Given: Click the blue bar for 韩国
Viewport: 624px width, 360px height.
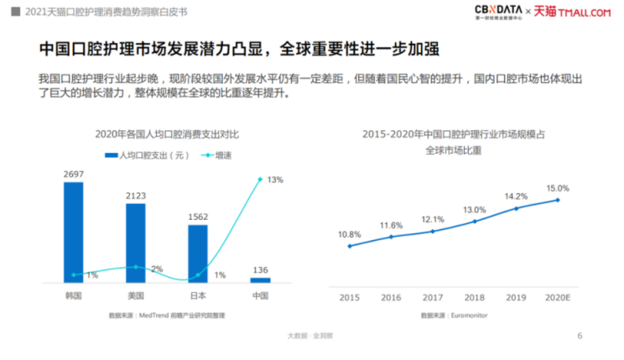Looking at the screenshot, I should point(74,232).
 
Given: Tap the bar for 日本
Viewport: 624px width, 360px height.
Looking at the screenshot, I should point(198,253).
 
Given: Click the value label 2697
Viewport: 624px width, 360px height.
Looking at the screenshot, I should point(74,174).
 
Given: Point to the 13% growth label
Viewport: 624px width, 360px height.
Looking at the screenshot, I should point(275,180).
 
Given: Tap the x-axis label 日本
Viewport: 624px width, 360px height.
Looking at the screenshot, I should point(198,296).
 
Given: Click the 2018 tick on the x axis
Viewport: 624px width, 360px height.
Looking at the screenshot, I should point(475,297).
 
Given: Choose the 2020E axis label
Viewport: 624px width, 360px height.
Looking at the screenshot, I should point(558,297).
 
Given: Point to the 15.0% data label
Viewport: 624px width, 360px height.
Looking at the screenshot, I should point(558,189).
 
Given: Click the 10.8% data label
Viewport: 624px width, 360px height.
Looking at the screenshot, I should point(349,234).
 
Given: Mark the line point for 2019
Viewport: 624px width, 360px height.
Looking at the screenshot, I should point(516,207).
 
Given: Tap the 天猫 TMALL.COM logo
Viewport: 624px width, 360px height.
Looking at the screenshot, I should point(575,11).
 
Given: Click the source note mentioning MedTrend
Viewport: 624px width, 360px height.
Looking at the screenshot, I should point(166,315).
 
